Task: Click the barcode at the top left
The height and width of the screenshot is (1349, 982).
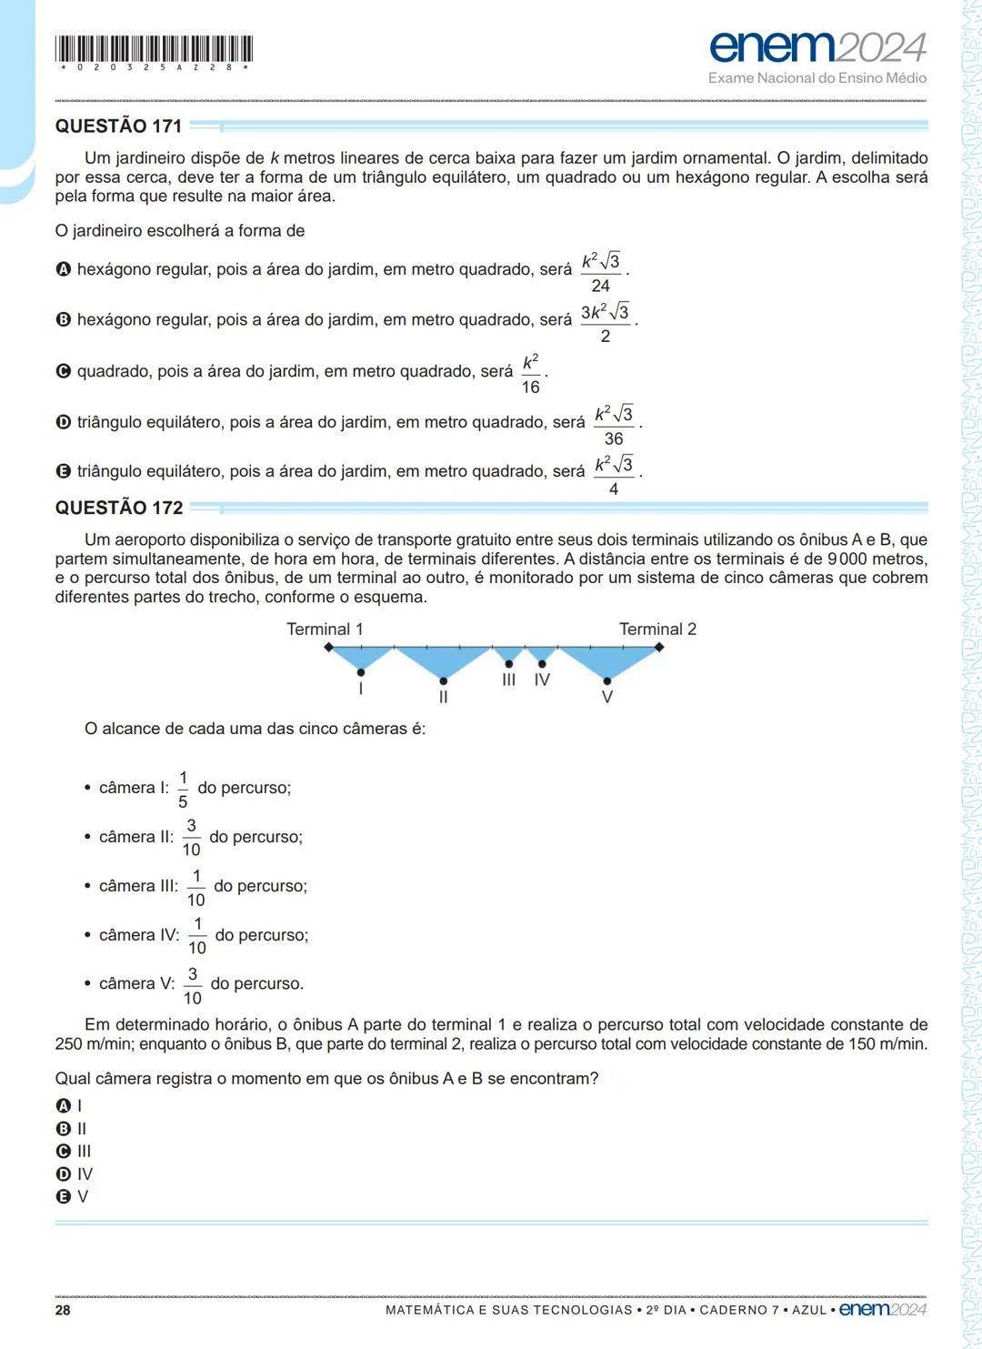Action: coord(154,49)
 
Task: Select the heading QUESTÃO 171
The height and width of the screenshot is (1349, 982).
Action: coord(118,126)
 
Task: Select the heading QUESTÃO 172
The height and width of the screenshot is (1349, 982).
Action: coord(119,508)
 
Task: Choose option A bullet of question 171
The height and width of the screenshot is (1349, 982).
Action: coord(63,270)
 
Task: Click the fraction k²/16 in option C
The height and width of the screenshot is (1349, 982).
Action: coord(530,374)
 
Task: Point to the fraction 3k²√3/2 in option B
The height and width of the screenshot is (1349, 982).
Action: coord(606,323)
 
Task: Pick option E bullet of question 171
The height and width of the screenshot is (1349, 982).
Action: coord(63,471)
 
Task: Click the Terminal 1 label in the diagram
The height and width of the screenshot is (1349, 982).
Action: coord(325,629)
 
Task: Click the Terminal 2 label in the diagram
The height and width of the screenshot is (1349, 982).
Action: coord(657,629)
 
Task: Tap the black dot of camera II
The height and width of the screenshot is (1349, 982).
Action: coord(443,680)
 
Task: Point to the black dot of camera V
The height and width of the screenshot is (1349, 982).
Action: coord(607,680)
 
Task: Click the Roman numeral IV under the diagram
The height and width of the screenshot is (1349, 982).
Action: coord(542,680)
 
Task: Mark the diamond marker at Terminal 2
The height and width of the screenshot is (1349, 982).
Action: coord(659,648)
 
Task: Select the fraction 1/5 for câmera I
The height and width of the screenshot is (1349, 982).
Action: coord(183,790)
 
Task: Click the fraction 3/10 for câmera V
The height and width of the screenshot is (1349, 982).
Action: coord(193,986)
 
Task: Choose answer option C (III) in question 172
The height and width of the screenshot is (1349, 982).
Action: coord(64,1152)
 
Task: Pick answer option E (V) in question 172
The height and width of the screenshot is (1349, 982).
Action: coord(64,1197)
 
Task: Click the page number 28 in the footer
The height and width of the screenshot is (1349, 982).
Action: coord(63,1310)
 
